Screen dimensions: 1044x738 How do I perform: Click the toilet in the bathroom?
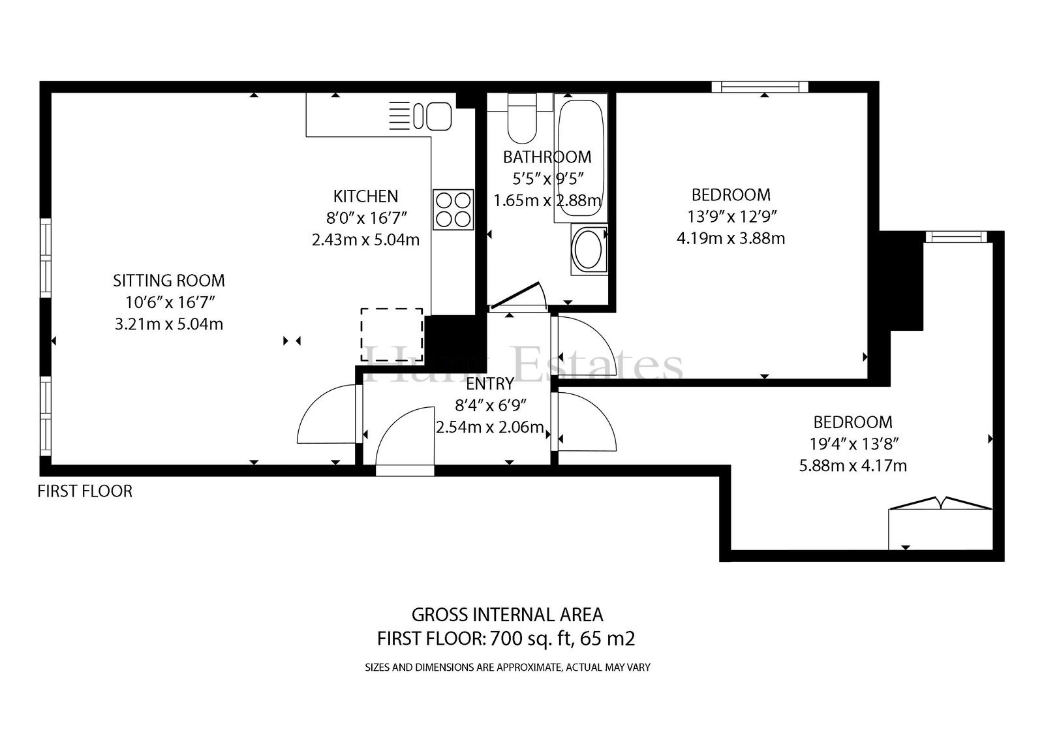[521, 118]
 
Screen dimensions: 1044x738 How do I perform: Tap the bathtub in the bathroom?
[581, 158]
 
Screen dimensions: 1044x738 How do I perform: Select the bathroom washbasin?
[589, 249]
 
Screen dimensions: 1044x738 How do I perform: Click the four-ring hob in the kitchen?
[453, 209]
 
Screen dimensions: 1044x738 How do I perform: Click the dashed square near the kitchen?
[392, 334]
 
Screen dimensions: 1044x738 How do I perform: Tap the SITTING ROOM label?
[169, 281]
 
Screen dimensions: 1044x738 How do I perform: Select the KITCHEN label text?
[366, 196]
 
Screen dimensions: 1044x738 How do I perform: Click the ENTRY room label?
[490, 384]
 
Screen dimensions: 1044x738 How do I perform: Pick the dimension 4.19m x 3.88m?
[731, 238]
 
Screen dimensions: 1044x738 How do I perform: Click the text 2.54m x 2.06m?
[490, 427]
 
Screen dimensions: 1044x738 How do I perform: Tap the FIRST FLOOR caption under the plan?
[85, 491]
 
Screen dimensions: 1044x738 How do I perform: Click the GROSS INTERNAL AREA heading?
[507, 615]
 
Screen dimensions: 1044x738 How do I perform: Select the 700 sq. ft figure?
[530, 639]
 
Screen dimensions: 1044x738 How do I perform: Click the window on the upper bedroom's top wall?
[760, 87]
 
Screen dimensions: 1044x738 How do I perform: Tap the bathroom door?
[518, 296]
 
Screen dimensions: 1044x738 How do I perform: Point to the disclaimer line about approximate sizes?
[508, 668]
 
